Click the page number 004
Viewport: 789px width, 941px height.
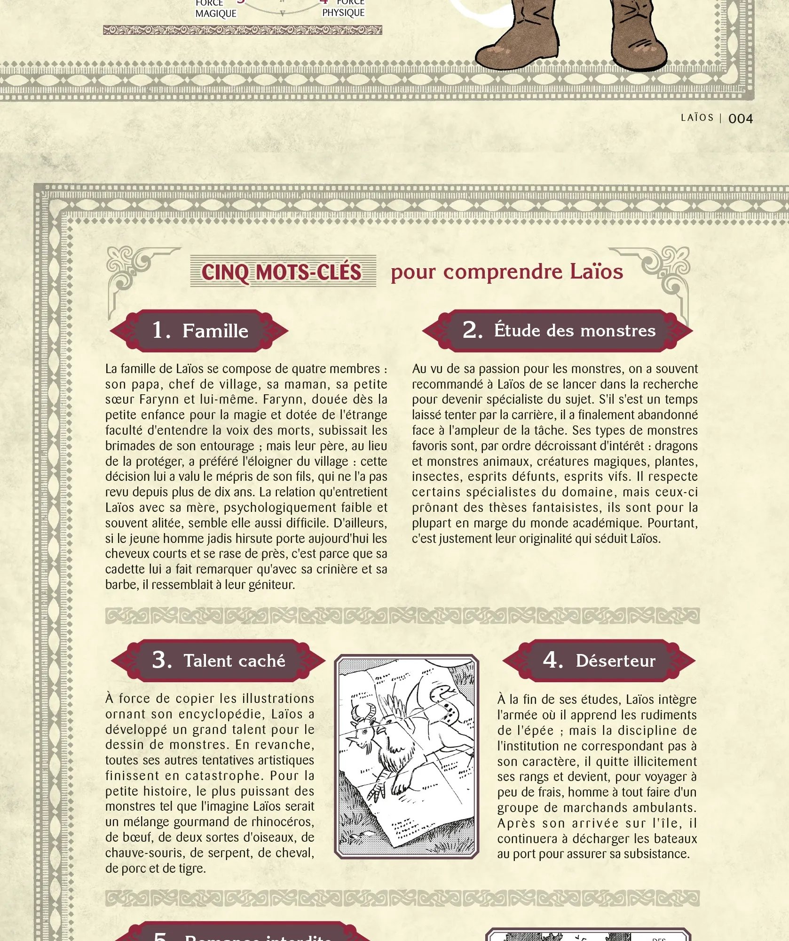[x=740, y=119]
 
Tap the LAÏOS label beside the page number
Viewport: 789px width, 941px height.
[x=697, y=118]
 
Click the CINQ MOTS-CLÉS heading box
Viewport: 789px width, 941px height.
[x=283, y=271]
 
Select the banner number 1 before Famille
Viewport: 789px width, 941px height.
[x=161, y=330]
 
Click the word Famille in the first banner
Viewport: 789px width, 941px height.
[x=215, y=331]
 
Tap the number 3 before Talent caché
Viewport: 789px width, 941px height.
[x=162, y=660]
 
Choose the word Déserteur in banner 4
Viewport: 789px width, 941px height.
[x=615, y=661]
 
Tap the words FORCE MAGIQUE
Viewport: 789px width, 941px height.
[x=215, y=8]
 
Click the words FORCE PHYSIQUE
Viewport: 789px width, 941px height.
[x=344, y=8]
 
